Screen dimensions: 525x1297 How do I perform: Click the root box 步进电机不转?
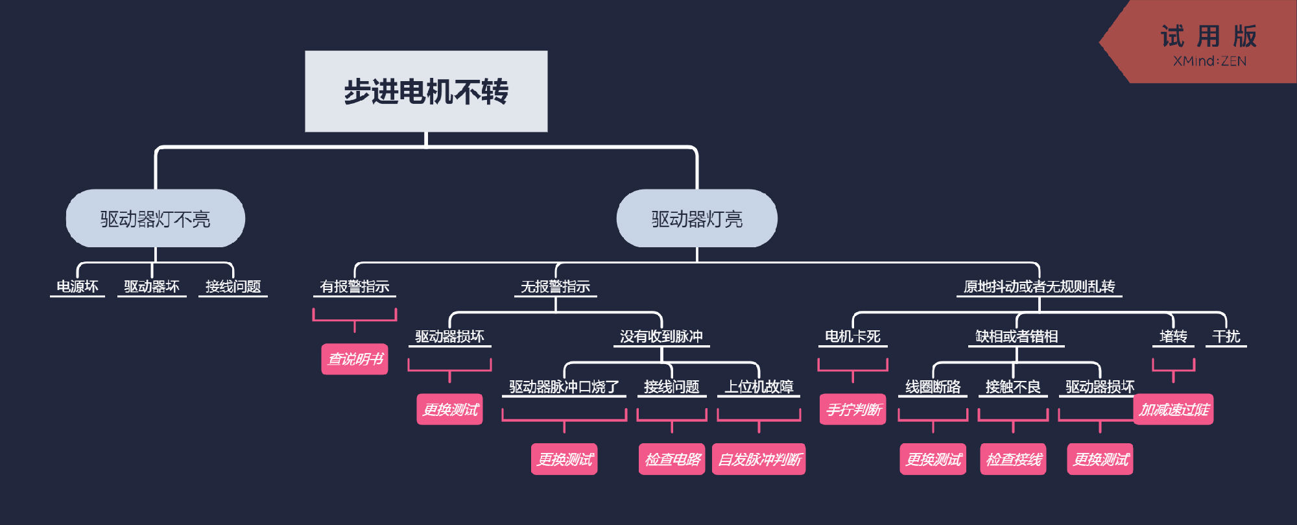tap(426, 92)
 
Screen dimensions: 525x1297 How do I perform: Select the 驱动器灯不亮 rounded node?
tap(155, 219)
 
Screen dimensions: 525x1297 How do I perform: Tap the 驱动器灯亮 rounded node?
tap(696, 219)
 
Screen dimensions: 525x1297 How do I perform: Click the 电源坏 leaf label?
tap(77, 286)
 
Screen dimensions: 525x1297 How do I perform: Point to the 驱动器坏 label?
tap(152, 286)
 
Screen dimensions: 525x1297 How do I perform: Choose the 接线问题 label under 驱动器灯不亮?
tap(233, 286)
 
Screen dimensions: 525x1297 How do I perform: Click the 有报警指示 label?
tap(354, 286)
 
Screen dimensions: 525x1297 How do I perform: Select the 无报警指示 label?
tap(555, 286)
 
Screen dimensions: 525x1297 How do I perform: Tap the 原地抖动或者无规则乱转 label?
tap(1039, 286)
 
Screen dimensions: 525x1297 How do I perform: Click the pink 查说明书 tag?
tap(355, 359)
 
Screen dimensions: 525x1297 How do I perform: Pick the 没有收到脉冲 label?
tap(661, 336)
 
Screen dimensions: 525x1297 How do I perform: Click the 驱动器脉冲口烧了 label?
tap(564, 387)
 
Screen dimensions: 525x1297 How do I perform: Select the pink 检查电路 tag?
tap(672, 459)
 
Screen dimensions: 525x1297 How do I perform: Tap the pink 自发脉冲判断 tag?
tap(759, 459)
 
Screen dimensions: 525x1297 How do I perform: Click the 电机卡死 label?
tap(852, 336)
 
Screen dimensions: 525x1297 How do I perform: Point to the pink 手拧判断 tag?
tap(853, 409)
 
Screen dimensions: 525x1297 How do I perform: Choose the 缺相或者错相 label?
tap(1016, 336)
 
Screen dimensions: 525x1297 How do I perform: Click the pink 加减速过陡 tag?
tap(1173, 409)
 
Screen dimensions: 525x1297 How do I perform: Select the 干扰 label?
tap(1226, 336)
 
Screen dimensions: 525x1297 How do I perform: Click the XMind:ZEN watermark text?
tap(1209, 61)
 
